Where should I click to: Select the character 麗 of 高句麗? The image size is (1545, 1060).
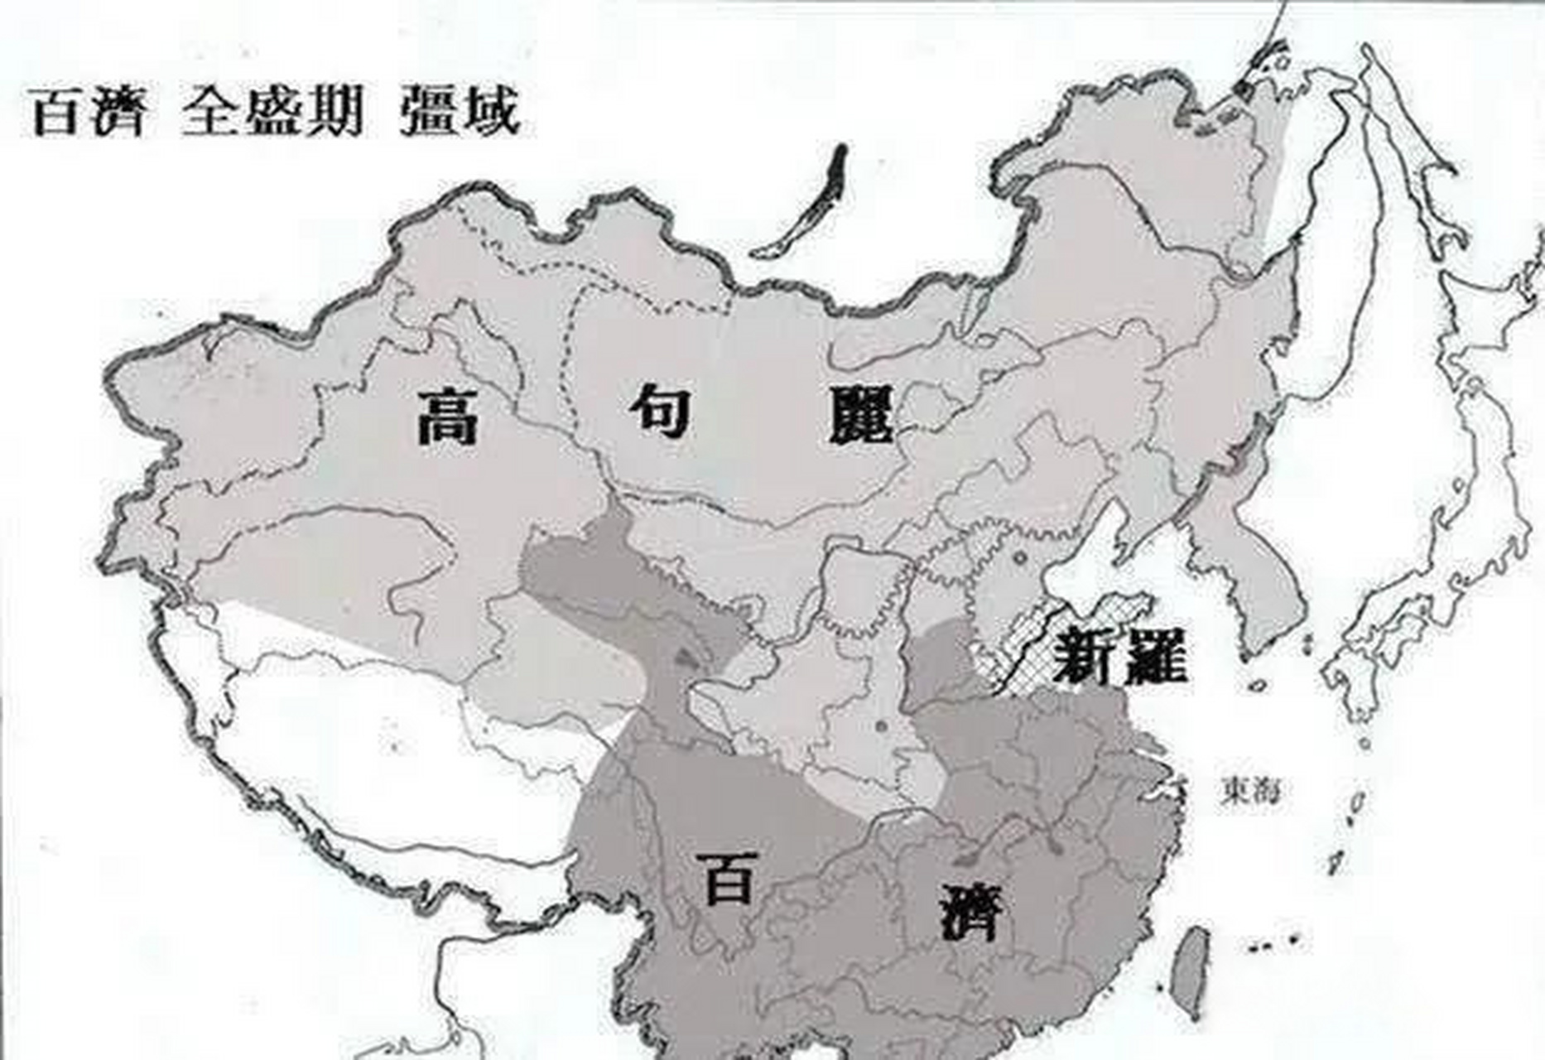click(861, 415)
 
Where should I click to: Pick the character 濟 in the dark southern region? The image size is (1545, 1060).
click(972, 912)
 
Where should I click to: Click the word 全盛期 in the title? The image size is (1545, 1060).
click(272, 113)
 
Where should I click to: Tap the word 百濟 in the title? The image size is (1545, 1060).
click(88, 113)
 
